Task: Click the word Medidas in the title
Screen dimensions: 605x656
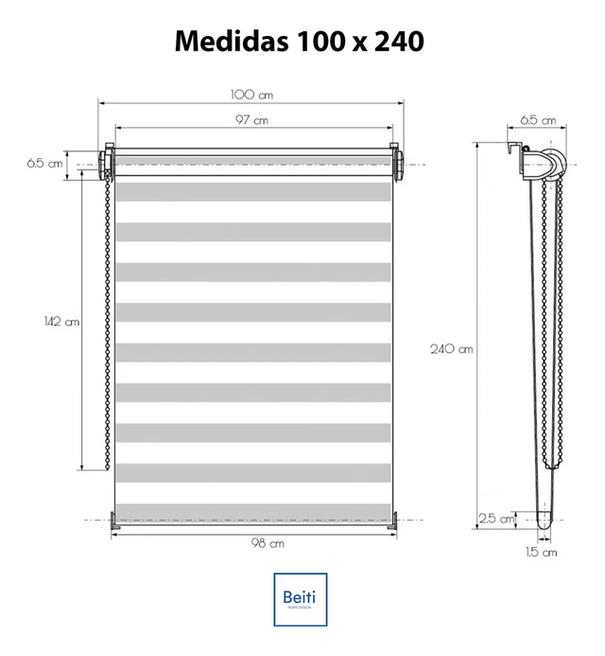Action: [232, 41]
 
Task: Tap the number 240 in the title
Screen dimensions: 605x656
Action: [399, 42]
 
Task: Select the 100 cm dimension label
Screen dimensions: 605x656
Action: [252, 95]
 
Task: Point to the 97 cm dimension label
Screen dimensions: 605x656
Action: [252, 120]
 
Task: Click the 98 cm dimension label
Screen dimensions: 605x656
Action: [268, 543]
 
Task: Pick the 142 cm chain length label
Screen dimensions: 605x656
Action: [61, 321]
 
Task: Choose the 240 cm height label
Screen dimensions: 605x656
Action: [452, 348]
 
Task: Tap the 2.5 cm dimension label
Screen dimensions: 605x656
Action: [496, 519]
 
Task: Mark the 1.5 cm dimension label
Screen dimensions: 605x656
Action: [542, 552]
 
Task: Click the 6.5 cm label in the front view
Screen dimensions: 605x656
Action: [44, 163]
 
